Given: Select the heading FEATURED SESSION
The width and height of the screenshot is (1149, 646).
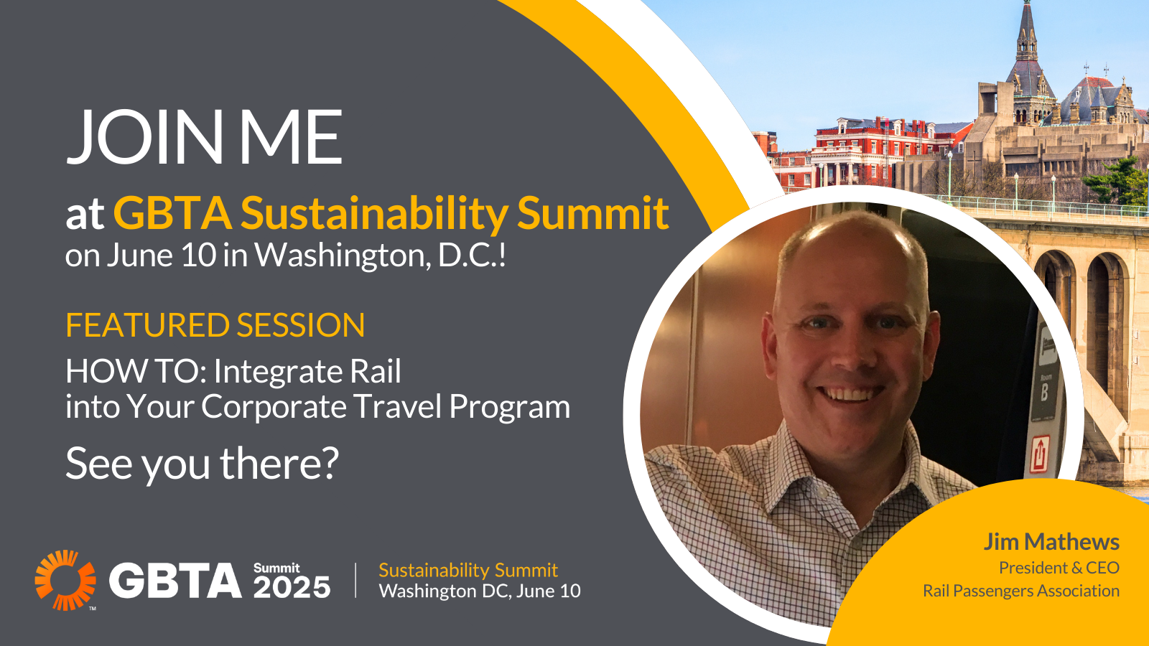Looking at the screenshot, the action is point(215,325).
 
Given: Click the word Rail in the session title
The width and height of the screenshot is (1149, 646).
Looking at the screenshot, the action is point(376,371).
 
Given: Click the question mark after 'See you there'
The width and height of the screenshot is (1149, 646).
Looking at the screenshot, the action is point(327,462).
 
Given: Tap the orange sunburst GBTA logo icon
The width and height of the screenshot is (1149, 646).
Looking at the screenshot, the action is point(65,580).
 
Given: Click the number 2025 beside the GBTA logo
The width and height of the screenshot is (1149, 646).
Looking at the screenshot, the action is point(292,588).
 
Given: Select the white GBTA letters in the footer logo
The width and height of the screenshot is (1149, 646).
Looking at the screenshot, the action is point(175,581).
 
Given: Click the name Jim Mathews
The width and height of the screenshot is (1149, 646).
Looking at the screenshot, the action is point(1051,541).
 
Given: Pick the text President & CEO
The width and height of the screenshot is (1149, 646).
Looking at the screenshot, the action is point(1059,568).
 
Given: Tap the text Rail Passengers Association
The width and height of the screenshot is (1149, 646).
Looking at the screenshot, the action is point(1021,591).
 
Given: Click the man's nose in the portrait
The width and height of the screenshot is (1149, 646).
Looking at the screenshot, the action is point(849,354).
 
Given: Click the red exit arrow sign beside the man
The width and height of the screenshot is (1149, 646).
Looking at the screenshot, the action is point(1040,454).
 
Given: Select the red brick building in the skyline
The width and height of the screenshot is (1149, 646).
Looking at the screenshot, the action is point(888,152).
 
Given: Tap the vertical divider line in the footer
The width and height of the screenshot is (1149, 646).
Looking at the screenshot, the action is point(356,580).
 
